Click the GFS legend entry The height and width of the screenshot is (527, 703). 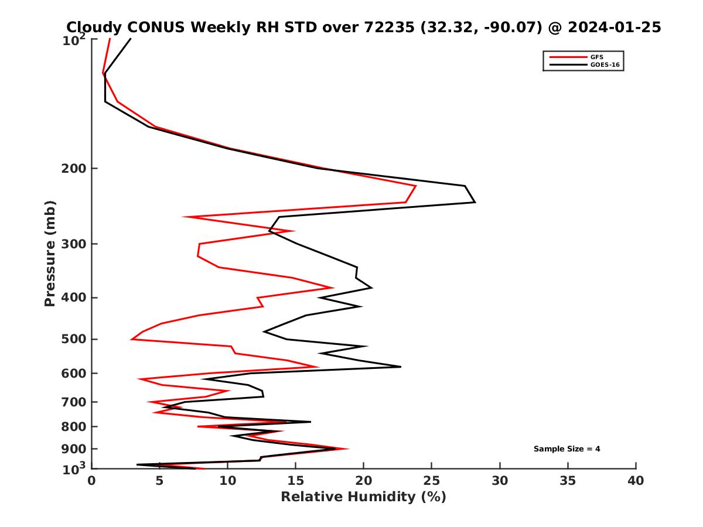coord(597,57)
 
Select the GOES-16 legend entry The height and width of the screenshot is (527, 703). coord(603,64)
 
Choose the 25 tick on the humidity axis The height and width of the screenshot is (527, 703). coord(432,481)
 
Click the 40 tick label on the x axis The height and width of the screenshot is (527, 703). coord(636,481)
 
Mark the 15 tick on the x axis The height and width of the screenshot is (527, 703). coord(295,481)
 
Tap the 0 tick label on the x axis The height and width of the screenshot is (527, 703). coord(91,481)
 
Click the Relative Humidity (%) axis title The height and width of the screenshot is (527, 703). coord(363,497)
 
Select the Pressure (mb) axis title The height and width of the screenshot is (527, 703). coord(50,253)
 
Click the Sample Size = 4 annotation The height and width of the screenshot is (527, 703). coord(567,449)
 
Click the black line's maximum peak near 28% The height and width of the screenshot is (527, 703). coord(475,202)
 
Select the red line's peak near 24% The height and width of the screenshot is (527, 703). coord(416,186)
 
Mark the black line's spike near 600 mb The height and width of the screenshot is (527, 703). coord(401,367)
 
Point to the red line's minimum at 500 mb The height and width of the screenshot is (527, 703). coord(132,339)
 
